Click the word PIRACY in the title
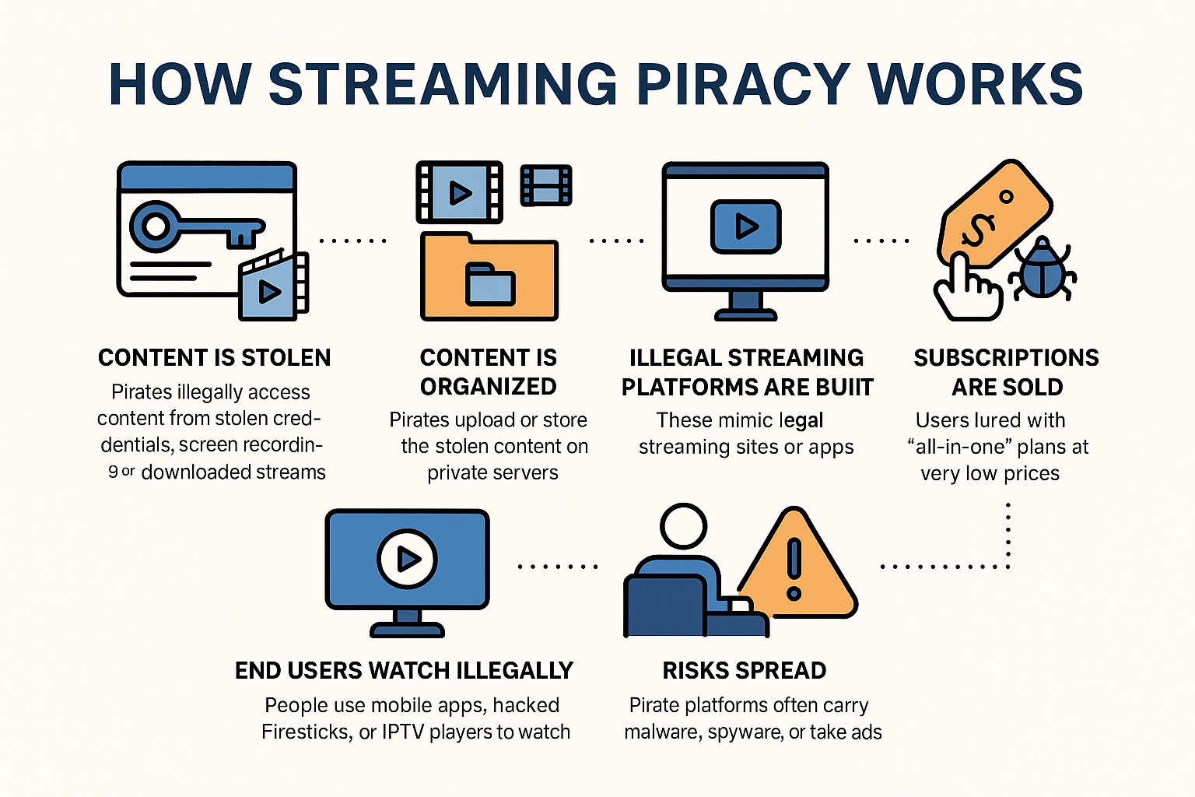(x=743, y=84)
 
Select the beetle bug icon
(x=1042, y=269)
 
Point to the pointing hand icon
(x=965, y=289)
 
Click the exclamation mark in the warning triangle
(x=794, y=568)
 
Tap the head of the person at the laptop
(x=683, y=527)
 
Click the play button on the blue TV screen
(x=407, y=558)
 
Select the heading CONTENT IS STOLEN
(x=214, y=358)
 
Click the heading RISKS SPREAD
(x=745, y=671)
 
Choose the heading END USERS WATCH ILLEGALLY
(x=404, y=671)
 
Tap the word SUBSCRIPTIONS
(x=1006, y=358)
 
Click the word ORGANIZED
(x=489, y=387)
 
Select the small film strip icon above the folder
(x=546, y=185)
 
